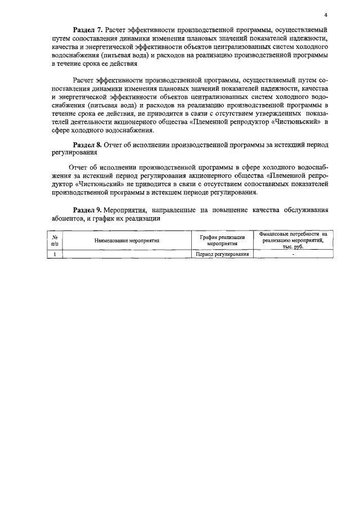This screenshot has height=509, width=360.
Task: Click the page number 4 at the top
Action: coord(326,15)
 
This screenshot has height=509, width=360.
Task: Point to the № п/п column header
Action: coord(55,240)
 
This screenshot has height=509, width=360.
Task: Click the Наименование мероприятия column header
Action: coord(127,240)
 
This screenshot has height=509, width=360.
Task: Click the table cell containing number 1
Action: coord(55,254)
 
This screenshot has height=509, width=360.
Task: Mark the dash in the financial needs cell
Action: coord(293,254)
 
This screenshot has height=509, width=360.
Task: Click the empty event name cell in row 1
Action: coord(127,254)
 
